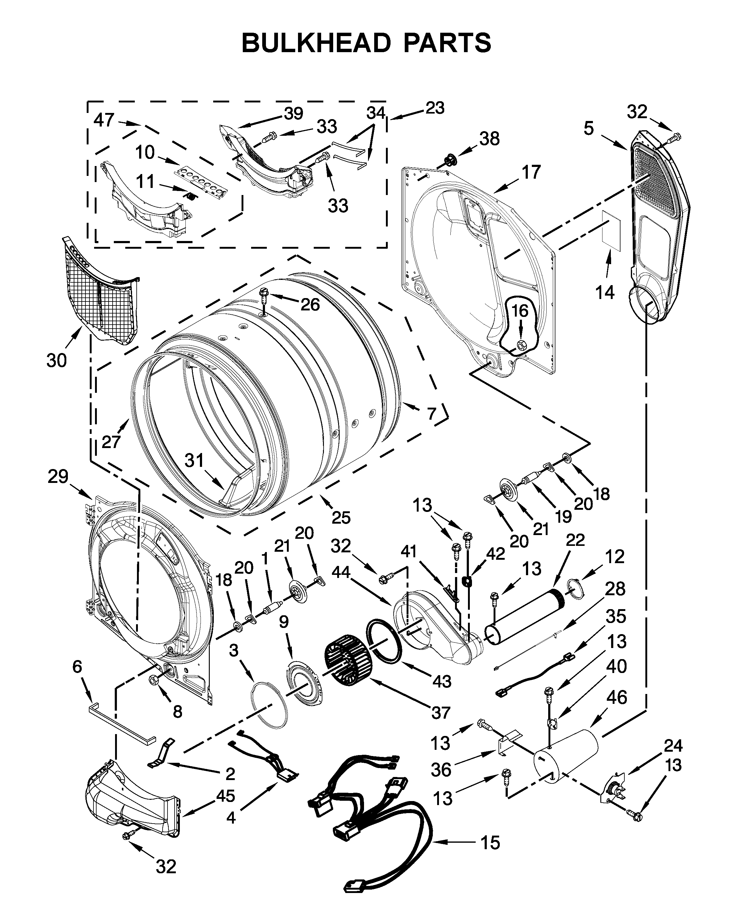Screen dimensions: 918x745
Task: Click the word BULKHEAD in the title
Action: tap(316, 43)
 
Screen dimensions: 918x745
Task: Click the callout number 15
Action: tap(490, 842)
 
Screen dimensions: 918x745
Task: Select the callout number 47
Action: tap(104, 120)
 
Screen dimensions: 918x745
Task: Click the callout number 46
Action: tap(617, 697)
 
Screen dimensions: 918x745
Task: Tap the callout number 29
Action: tap(58, 476)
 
